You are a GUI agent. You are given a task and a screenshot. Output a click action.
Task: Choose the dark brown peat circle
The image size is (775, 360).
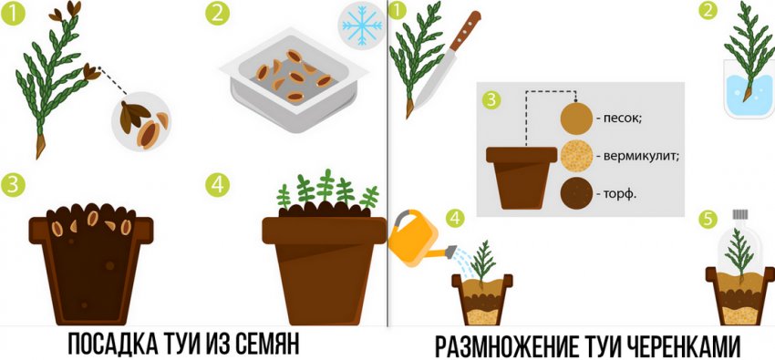(576, 194)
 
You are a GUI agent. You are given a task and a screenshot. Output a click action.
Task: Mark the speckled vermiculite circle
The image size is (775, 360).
(576, 155)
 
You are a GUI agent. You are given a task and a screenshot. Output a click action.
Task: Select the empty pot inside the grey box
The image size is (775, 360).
(521, 175)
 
